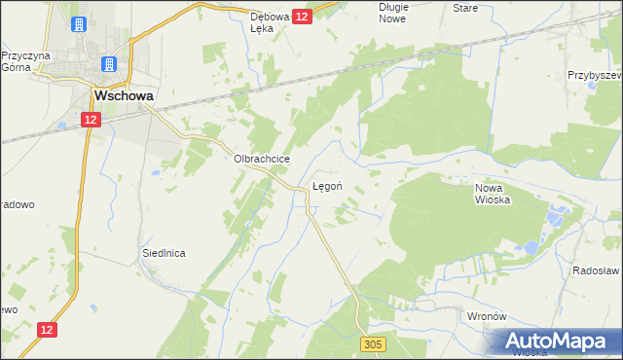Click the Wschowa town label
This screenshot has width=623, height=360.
[120, 96]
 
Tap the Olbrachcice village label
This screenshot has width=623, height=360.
[256, 159]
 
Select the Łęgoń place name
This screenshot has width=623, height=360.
[326, 184]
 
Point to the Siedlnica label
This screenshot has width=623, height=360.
[164, 252]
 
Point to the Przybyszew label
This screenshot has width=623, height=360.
[596, 75]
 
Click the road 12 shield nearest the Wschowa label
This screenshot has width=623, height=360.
[90, 119]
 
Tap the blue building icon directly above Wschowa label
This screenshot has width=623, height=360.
[109, 65]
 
